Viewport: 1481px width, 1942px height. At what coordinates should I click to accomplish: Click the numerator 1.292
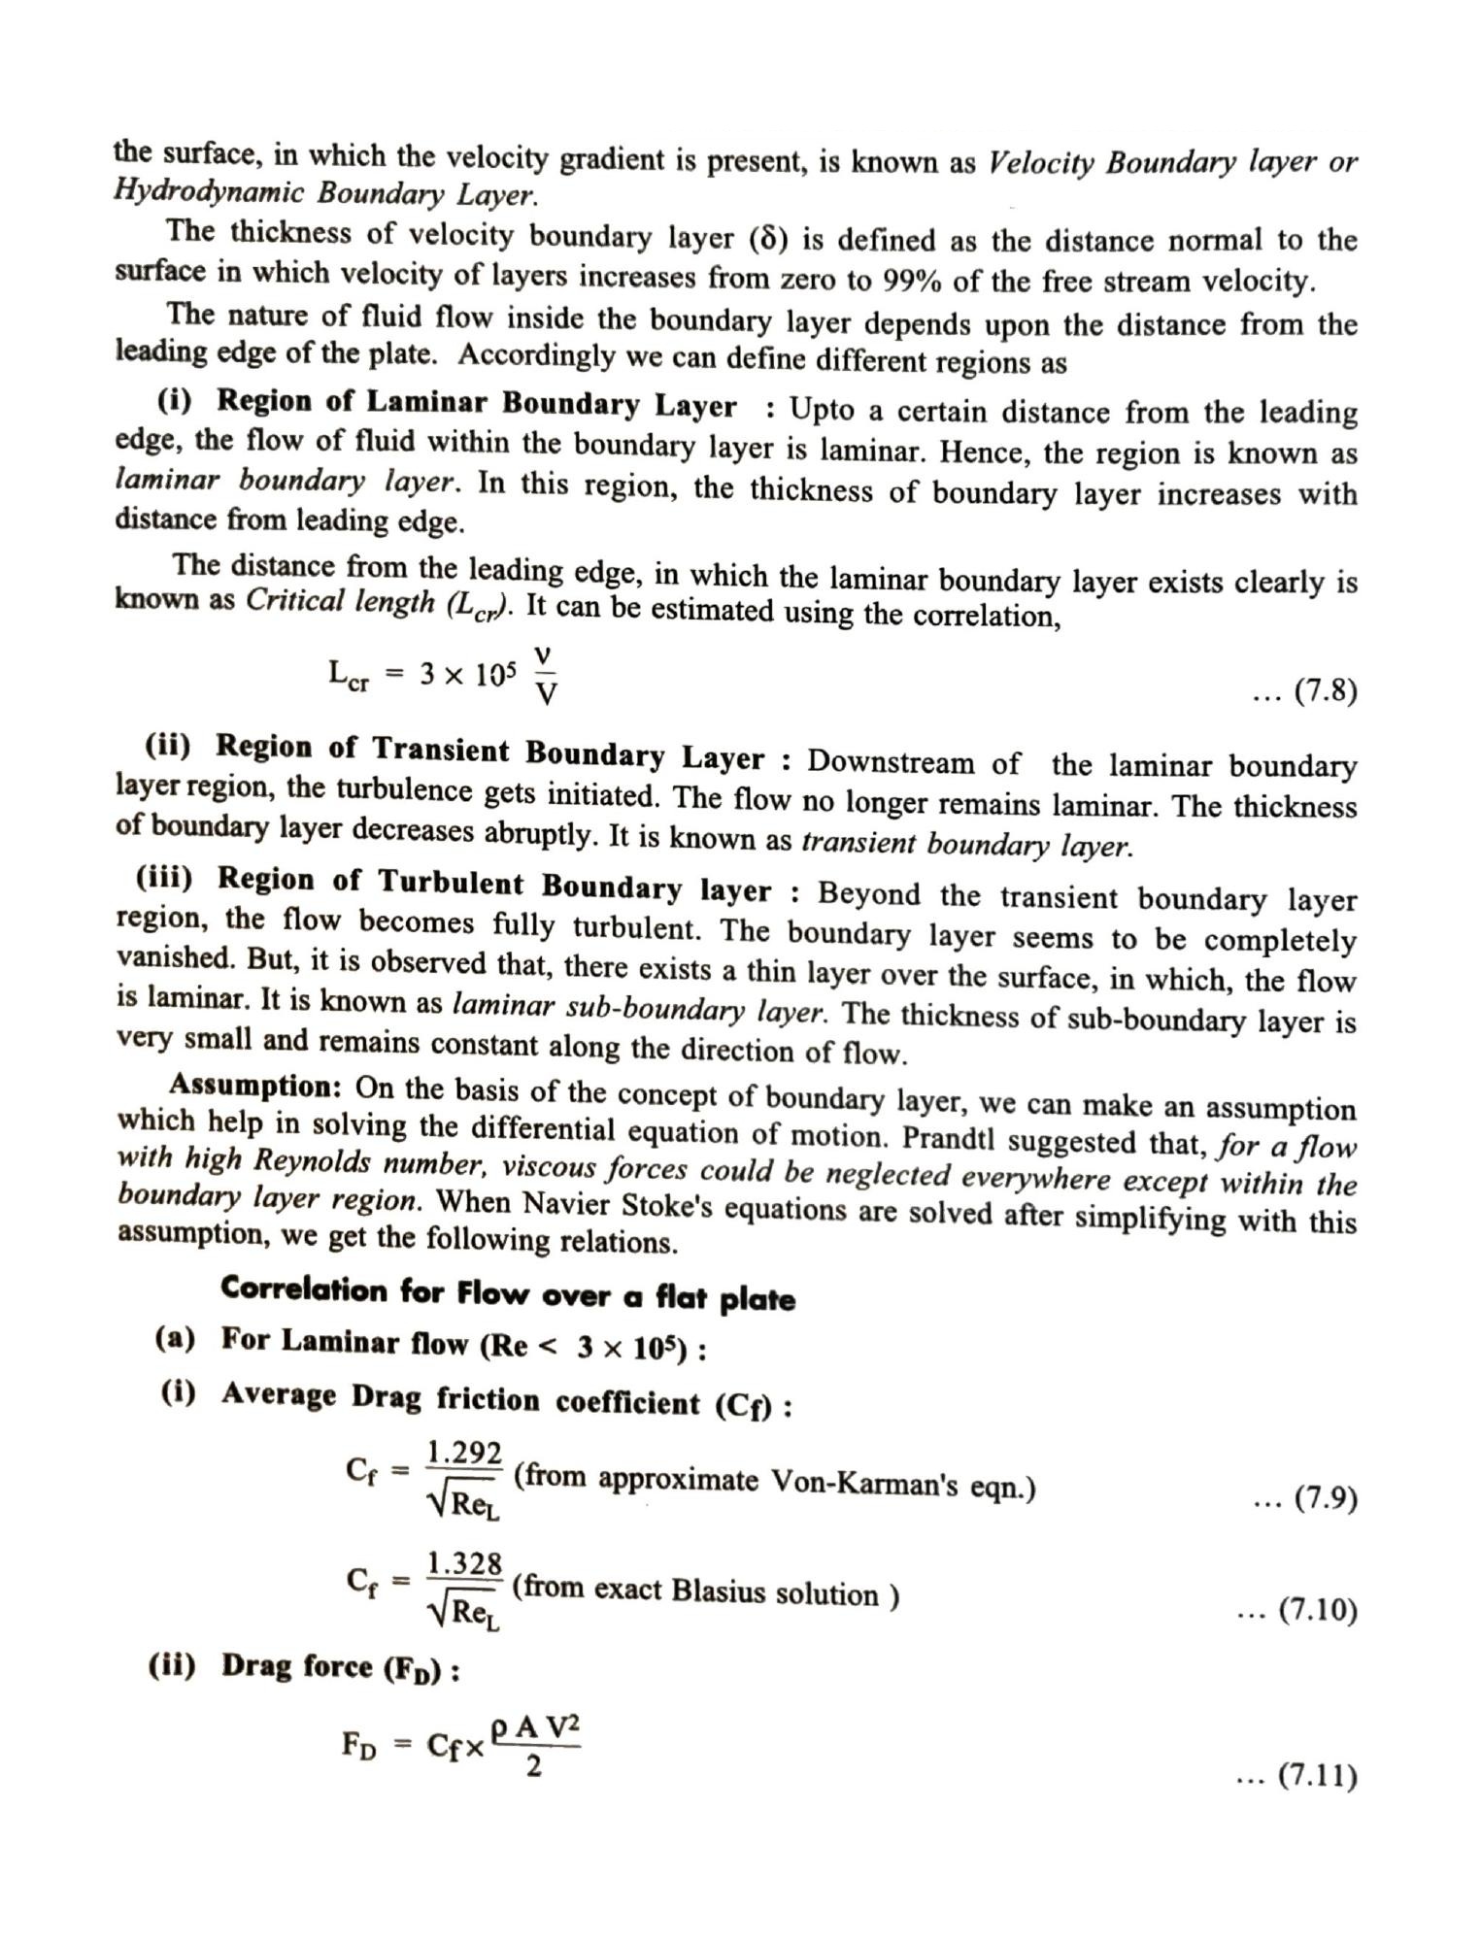click(x=464, y=1453)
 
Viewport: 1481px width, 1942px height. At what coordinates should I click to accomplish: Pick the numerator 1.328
click(x=464, y=1563)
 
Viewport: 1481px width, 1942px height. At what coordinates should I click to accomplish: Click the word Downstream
click(x=891, y=761)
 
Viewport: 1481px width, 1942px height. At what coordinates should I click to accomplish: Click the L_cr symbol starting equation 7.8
click(x=350, y=674)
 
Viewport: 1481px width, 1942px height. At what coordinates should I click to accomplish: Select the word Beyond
click(x=868, y=892)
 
